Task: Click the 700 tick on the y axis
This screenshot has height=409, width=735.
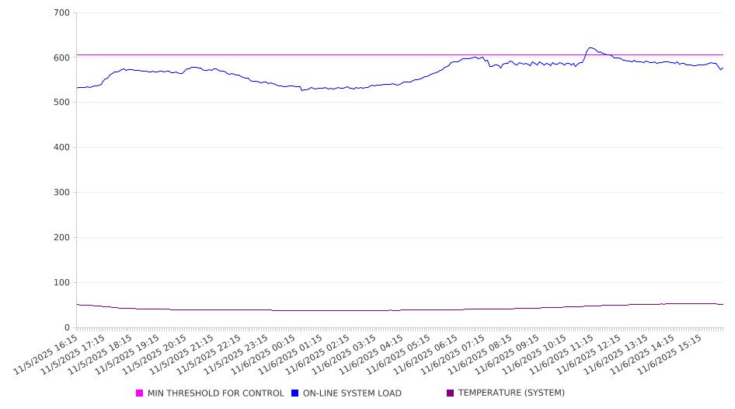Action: (61, 13)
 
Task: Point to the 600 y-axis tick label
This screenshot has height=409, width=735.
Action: (61, 58)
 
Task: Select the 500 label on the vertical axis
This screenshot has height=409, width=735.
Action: (61, 103)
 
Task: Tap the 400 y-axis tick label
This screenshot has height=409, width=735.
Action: (61, 148)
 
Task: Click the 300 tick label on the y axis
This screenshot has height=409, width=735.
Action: (61, 193)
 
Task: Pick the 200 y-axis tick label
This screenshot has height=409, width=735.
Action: (61, 238)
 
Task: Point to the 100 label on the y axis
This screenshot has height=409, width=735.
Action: (61, 283)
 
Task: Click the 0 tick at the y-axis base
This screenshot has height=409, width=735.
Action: (68, 328)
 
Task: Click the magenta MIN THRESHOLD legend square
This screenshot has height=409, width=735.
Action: (140, 393)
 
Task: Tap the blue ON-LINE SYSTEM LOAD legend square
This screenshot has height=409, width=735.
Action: (295, 393)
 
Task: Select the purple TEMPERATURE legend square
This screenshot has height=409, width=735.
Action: (451, 393)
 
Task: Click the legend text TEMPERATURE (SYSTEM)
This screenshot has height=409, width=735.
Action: (511, 393)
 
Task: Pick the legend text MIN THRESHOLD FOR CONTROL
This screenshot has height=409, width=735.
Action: (215, 393)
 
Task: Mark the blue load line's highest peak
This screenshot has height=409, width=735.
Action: (590, 47)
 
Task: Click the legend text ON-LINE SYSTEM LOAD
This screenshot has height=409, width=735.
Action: (352, 393)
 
